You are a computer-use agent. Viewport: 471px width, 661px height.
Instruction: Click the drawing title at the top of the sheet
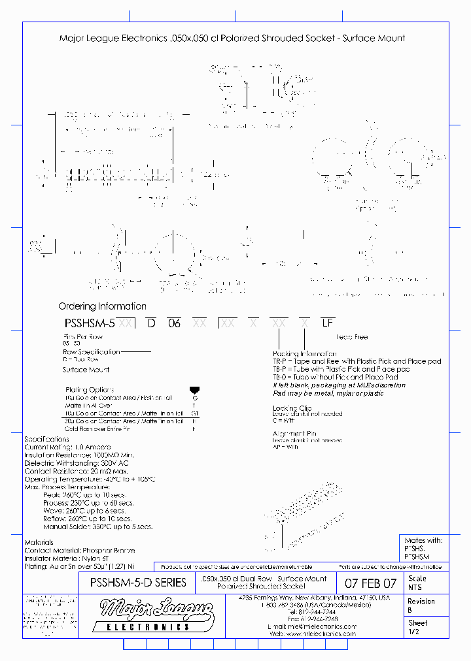coord(232,39)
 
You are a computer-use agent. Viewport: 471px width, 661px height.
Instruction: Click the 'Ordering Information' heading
coord(102,306)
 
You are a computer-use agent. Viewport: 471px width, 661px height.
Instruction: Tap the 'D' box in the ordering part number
coord(150,323)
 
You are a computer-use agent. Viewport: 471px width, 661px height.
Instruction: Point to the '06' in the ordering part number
coord(174,323)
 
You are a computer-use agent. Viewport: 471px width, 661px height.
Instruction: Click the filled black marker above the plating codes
coord(194,390)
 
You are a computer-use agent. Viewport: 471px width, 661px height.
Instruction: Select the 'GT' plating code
coord(194,413)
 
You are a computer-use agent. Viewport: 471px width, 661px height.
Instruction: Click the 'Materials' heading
coord(39,543)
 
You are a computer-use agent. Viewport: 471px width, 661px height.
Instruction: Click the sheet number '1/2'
coord(414,632)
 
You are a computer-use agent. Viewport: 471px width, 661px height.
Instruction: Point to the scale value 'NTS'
coord(415,587)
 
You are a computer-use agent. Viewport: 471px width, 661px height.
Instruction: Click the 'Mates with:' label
coord(424,541)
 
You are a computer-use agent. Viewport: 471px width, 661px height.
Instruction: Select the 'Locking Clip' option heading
coord(292,408)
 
